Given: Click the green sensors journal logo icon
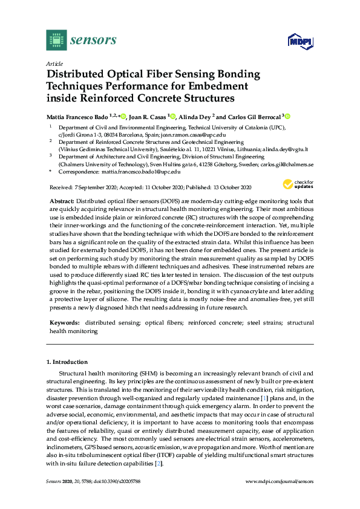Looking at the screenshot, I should [56, 41].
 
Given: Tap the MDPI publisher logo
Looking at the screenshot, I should [300, 41].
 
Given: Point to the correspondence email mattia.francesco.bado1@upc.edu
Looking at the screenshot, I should [142, 172].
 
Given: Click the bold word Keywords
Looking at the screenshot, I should [62, 323].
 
